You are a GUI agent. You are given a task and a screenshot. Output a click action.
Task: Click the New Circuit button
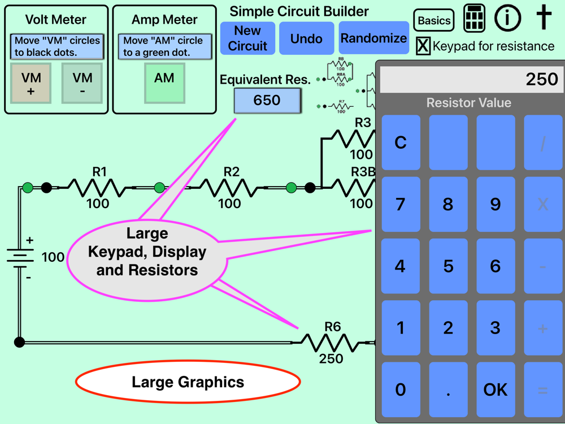[x=247, y=38]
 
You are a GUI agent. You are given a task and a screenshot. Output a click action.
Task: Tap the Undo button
[x=306, y=38]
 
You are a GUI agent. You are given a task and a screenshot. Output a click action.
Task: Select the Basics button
[x=434, y=21]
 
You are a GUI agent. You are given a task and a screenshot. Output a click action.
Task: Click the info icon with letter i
[x=507, y=18]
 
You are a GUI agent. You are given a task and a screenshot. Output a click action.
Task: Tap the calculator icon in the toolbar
[x=475, y=19]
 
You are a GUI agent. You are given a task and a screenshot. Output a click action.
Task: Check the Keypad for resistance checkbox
[x=423, y=46]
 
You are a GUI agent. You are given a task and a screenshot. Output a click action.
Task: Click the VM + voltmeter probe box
[x=31, y=83]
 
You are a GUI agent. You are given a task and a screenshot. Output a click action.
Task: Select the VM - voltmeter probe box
[x=82, y=83]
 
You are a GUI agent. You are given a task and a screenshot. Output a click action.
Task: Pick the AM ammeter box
[x=164, y=83]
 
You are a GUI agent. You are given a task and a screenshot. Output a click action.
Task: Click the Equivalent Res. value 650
[x=267, y=101]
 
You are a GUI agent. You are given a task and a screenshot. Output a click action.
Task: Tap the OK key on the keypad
[x=496, y=390]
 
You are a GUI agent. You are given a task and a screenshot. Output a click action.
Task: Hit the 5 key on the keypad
[x=448, y=266]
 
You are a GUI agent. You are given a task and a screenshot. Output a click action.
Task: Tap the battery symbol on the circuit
[x=20, y=258]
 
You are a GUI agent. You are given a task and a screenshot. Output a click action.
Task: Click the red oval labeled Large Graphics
[x=188, y=383]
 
